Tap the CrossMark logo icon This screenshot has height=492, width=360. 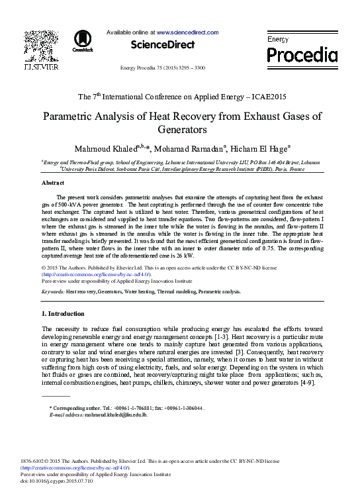[x=83, y=40]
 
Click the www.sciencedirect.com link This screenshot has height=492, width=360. [x=187, y=32]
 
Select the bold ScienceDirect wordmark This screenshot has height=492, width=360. [x=163, y=44]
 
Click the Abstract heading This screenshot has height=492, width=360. [x=52, y=182]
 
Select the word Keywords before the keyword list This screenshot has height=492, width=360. [x=52, y=291]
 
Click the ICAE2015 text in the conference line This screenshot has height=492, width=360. [x=259, y=97]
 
